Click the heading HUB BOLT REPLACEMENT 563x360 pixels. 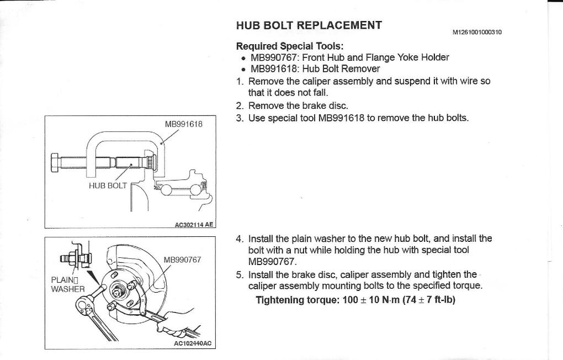coord(309,25)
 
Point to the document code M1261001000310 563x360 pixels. coord(477,32)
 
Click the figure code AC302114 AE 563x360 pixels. coord(194,225)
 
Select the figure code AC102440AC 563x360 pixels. coord(193,343)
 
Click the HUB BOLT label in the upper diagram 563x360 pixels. coord(108,186)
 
